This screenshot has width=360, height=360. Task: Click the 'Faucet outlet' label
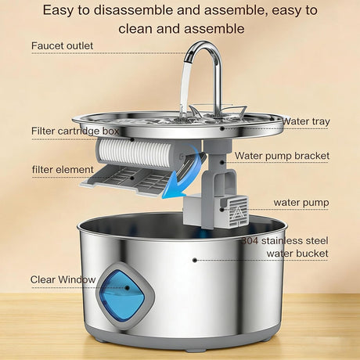click(x=62, y=46)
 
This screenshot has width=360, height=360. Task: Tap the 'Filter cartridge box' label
click(x=75, y=131)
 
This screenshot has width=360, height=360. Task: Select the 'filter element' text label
click(x=63, y=170)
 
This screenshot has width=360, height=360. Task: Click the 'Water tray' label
click(x=306, y=121)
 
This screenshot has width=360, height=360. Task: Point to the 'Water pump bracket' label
click(x=282, y=156)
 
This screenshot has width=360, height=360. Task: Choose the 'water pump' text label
click(x=301, y=203)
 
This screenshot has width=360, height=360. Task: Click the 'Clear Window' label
click(x=63, y=279)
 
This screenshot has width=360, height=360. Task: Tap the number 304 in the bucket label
click(x=250, y=241)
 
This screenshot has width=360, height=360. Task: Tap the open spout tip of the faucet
click(x=189, y=57)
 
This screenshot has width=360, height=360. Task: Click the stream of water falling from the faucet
click(x=185, y=88)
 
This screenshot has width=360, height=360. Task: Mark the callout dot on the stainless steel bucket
click(x=195, y=260)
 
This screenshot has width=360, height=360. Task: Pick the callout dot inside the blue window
click(x=128, y=288)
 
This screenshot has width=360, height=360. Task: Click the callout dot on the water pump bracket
click(x=221, y=162)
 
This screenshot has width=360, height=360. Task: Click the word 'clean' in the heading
click(x=135, y=29)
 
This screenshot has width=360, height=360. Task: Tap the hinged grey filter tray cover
click(x=125, y=180)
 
